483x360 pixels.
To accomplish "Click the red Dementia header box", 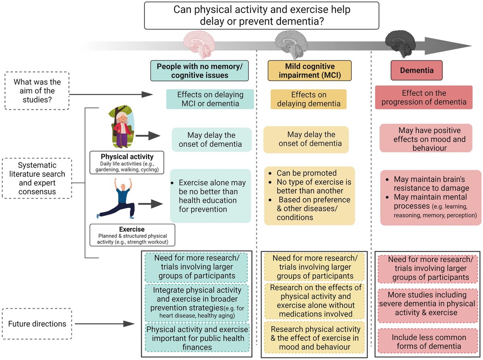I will [414, 70].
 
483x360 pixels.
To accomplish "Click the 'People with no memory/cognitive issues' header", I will [200, 70].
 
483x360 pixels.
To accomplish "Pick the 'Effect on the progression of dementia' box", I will [424, 97].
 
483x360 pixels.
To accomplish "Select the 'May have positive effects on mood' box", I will [426, 138].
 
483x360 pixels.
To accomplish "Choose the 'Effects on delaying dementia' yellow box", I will [308, 99].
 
